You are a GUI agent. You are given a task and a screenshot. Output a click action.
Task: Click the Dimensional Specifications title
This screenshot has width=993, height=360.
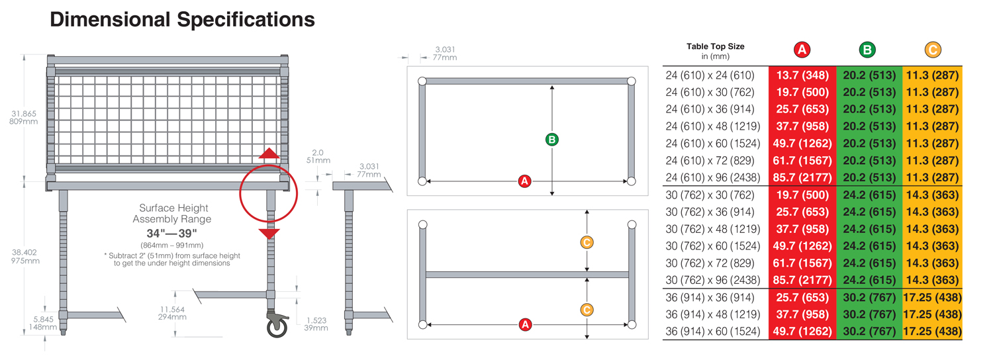[x=182, y=20]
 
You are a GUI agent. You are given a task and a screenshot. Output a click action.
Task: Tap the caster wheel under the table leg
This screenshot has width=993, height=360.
[x=276, y=325]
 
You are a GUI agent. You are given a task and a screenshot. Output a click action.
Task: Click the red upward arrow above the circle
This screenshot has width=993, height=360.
[x=268, y=154]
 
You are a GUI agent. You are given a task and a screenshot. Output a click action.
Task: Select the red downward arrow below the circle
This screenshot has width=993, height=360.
[x=269, y=233]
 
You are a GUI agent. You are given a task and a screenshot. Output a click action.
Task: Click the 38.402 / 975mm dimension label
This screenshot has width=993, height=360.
[x=25, y=256]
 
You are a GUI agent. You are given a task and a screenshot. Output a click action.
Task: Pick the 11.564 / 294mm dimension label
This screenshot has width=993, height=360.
[x=172, y=313]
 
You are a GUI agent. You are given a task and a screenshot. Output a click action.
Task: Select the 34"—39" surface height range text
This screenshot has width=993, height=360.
[x=171, y=234]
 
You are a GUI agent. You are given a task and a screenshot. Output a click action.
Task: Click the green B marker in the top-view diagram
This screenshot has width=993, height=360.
[x=552, y=140]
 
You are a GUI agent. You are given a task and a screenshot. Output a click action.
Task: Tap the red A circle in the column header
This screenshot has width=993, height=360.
[x=802, y=50]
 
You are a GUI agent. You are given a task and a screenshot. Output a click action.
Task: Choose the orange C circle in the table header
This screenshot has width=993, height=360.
[x=932, y=50]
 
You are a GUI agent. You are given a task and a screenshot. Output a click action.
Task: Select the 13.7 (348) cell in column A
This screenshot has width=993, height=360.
[x=802, y=75]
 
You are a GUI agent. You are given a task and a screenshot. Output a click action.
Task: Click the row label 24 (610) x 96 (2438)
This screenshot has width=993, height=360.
[x=714, y=177]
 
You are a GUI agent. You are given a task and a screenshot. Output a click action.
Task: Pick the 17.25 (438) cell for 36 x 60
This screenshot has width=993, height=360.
[x=932, y=331]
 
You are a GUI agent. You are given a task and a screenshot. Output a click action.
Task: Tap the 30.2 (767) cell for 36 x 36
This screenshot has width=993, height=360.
[x=869, y=297]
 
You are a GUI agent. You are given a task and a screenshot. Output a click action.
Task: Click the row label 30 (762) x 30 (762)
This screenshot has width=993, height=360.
[x=710, y=195]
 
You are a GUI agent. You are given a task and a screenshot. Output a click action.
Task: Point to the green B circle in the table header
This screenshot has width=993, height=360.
[x=867, y=50]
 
